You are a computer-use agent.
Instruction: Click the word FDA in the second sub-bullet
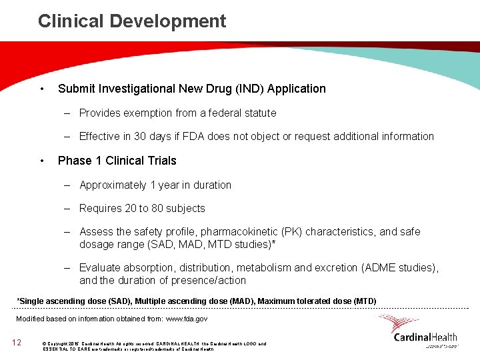(x=193, y=137)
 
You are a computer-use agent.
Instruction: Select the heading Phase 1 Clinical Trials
(x=117, y=161)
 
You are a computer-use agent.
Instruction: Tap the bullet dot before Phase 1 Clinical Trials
(x=41, y=161)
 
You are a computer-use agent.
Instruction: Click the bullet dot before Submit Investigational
(x=41, y=89)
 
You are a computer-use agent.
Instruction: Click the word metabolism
(x=263, y=268)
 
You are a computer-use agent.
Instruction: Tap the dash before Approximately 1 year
(x=67, y=185)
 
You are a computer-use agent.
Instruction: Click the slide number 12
(x=17, y=343)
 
